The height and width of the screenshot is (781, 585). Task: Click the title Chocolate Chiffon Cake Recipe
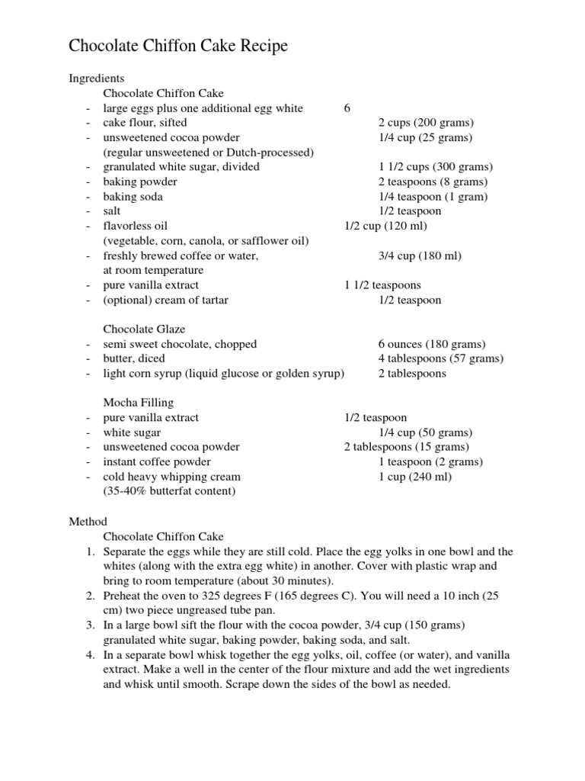click(178, 47)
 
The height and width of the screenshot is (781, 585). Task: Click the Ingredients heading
click(97, 79)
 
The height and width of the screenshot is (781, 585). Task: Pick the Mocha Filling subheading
click(138, 403)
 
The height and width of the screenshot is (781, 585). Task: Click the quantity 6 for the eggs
click(347, 108)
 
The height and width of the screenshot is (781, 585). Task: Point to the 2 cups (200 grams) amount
click(426, 123)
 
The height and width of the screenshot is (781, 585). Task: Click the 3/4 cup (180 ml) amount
click(420, 256)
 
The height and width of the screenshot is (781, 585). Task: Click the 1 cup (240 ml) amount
click(415, 477)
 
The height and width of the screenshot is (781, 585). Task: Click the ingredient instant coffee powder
click(157, 462)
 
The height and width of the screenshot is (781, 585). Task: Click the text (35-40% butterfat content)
click(169, 491)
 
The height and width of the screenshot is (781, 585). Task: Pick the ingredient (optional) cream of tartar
click(165, 300)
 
